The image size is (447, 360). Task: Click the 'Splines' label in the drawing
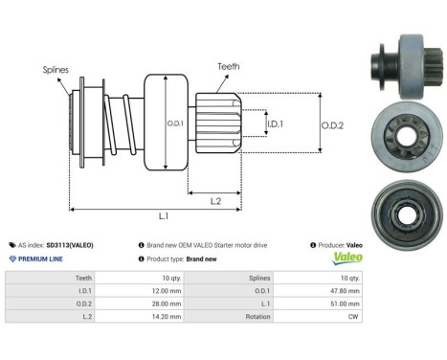coord(56,69)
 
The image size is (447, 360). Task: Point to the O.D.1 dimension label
coord(174,123)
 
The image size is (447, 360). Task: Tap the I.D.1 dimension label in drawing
coord(274,124)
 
